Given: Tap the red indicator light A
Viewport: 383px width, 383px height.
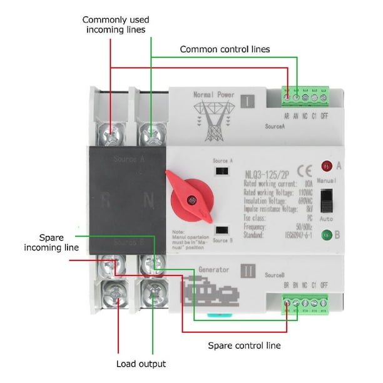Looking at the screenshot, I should coord(326,166).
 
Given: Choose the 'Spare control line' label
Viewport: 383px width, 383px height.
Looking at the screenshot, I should coord(244,345).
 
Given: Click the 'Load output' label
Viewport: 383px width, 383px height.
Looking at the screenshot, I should coord(141,364).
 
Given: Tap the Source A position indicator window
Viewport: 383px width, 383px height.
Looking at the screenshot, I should coord(220,170).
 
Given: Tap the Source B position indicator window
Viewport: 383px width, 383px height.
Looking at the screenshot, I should coord(220,230).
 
